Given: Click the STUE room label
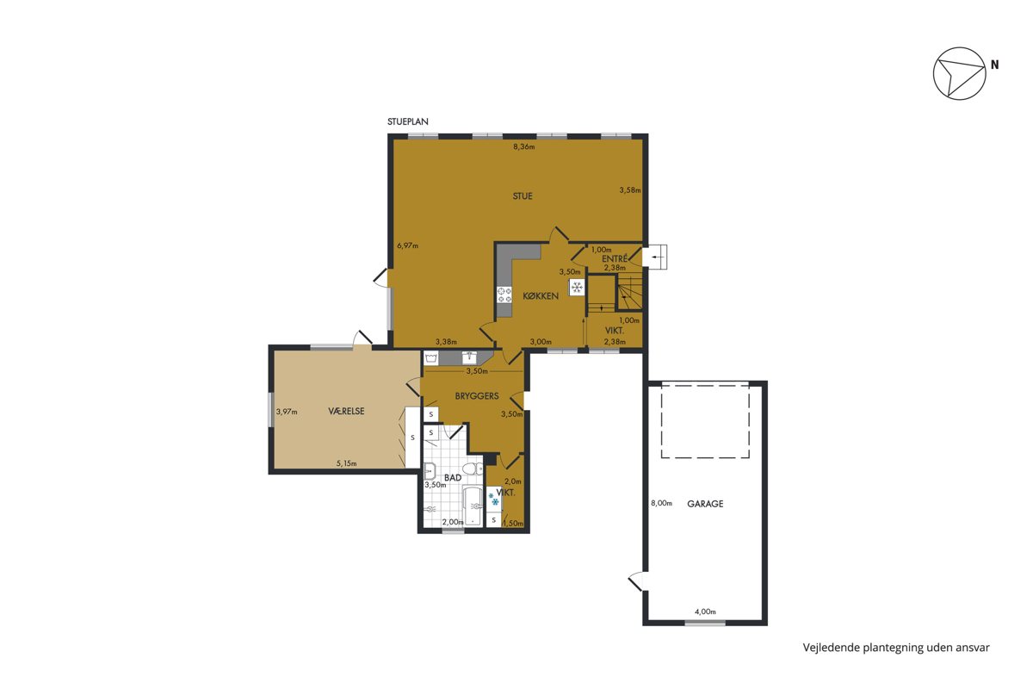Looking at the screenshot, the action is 523,196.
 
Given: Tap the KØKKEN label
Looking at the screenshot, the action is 541,295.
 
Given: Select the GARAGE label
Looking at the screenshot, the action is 705,504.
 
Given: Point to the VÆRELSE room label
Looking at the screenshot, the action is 346,411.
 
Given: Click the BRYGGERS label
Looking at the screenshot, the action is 477,396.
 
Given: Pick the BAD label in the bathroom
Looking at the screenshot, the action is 453,478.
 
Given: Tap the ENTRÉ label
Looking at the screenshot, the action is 615,259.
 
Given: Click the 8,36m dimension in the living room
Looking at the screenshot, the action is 524,146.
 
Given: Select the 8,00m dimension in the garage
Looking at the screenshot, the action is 661,503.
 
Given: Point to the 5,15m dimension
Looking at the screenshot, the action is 346,463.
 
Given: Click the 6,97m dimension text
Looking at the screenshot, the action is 408,245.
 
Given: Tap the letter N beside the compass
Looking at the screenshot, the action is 995,65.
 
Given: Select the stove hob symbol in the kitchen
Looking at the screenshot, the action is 504,295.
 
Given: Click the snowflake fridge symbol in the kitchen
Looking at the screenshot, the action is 577,288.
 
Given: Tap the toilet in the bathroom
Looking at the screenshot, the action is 473,469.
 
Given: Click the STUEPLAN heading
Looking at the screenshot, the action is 408,121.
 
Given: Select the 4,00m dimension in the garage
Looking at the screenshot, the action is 705,612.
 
